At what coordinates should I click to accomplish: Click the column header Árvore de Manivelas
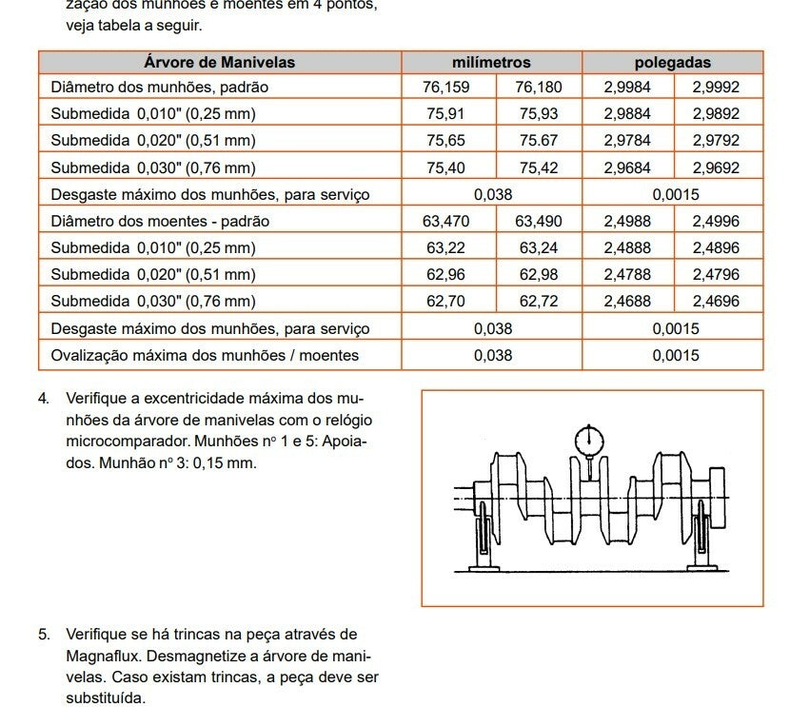tap(219, 63)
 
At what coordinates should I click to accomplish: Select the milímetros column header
tap(491, 63)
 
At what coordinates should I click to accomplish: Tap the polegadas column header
tap(672, 63)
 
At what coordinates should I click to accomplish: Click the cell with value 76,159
tap(446, 88)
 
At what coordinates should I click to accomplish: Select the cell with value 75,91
tap(446, 114)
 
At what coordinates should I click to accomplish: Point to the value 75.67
tap(539, 141)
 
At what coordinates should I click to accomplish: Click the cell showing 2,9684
tap(627, 168)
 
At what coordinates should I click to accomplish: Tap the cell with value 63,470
tap(446, 222)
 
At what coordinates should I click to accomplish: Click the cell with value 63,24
tap(539, 248)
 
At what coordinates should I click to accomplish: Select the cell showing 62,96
tap(446, 275)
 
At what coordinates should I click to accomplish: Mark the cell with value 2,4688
tap(627, 302)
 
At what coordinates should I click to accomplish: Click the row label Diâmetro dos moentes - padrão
tap(160, 222)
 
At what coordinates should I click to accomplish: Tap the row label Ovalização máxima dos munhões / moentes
tap(205, 356)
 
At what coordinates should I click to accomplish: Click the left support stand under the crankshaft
tap(483, 538)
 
